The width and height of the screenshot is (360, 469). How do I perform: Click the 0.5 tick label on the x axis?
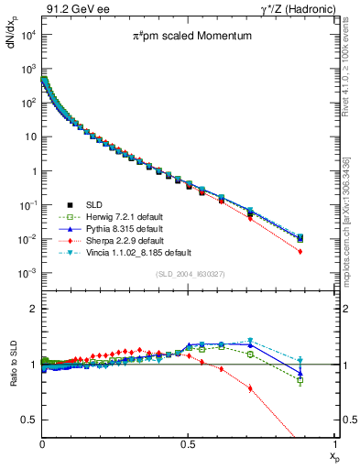(189, 443)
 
